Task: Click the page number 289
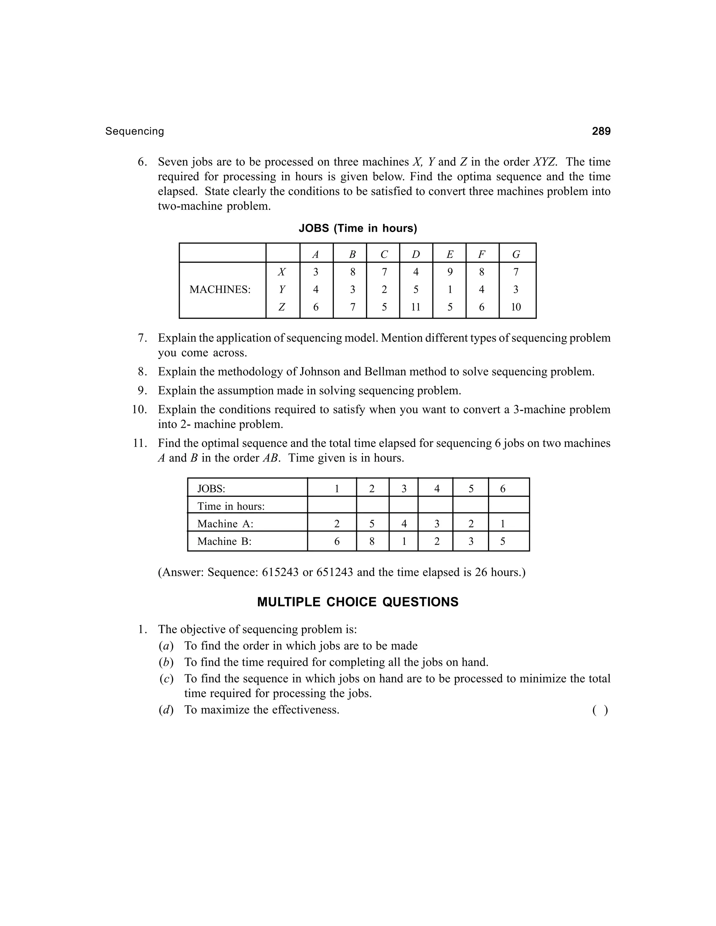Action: point(601,131)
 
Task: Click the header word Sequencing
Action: point(135,131)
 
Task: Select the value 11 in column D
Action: point(415,307)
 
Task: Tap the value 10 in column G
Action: point(515,307)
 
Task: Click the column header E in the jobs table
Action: point(449,254)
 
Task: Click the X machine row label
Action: point(282,272)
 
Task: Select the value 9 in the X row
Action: point(449,272)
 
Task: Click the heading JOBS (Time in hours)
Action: point(358,229)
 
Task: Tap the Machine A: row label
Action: point(225,524)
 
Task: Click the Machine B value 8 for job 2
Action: point(372,541)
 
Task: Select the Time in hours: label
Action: point(231,506)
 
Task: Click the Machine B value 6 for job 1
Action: point(336,541)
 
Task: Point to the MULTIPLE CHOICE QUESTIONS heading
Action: point(358,602)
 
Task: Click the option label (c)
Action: point(166,679)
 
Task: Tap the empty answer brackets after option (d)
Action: point(600,710)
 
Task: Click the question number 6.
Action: point(142,162)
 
